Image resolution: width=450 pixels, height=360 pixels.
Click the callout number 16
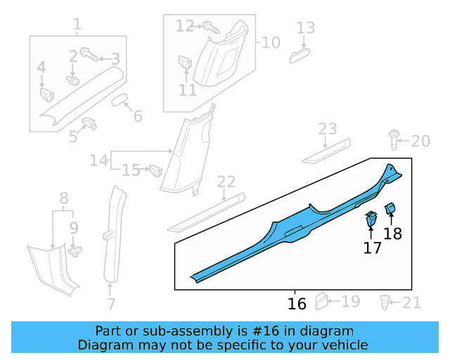[297, 304]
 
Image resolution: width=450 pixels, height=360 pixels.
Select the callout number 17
[372, 247]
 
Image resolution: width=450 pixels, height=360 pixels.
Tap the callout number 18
[392, 233]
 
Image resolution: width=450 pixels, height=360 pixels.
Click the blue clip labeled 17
[371, 221]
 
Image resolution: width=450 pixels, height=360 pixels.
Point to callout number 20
[420, 141]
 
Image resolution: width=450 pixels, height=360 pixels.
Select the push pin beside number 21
[385, 304]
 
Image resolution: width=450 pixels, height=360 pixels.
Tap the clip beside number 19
[321, 301]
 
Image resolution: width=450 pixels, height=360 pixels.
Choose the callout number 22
[226, 182]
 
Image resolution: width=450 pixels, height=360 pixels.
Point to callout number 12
[185, 26]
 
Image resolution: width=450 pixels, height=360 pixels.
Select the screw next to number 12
[210, 27]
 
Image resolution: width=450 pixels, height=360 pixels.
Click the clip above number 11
[186, 63]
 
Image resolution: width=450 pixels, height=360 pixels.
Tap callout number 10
[271, 43]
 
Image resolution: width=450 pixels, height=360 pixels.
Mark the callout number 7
[111, 304]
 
